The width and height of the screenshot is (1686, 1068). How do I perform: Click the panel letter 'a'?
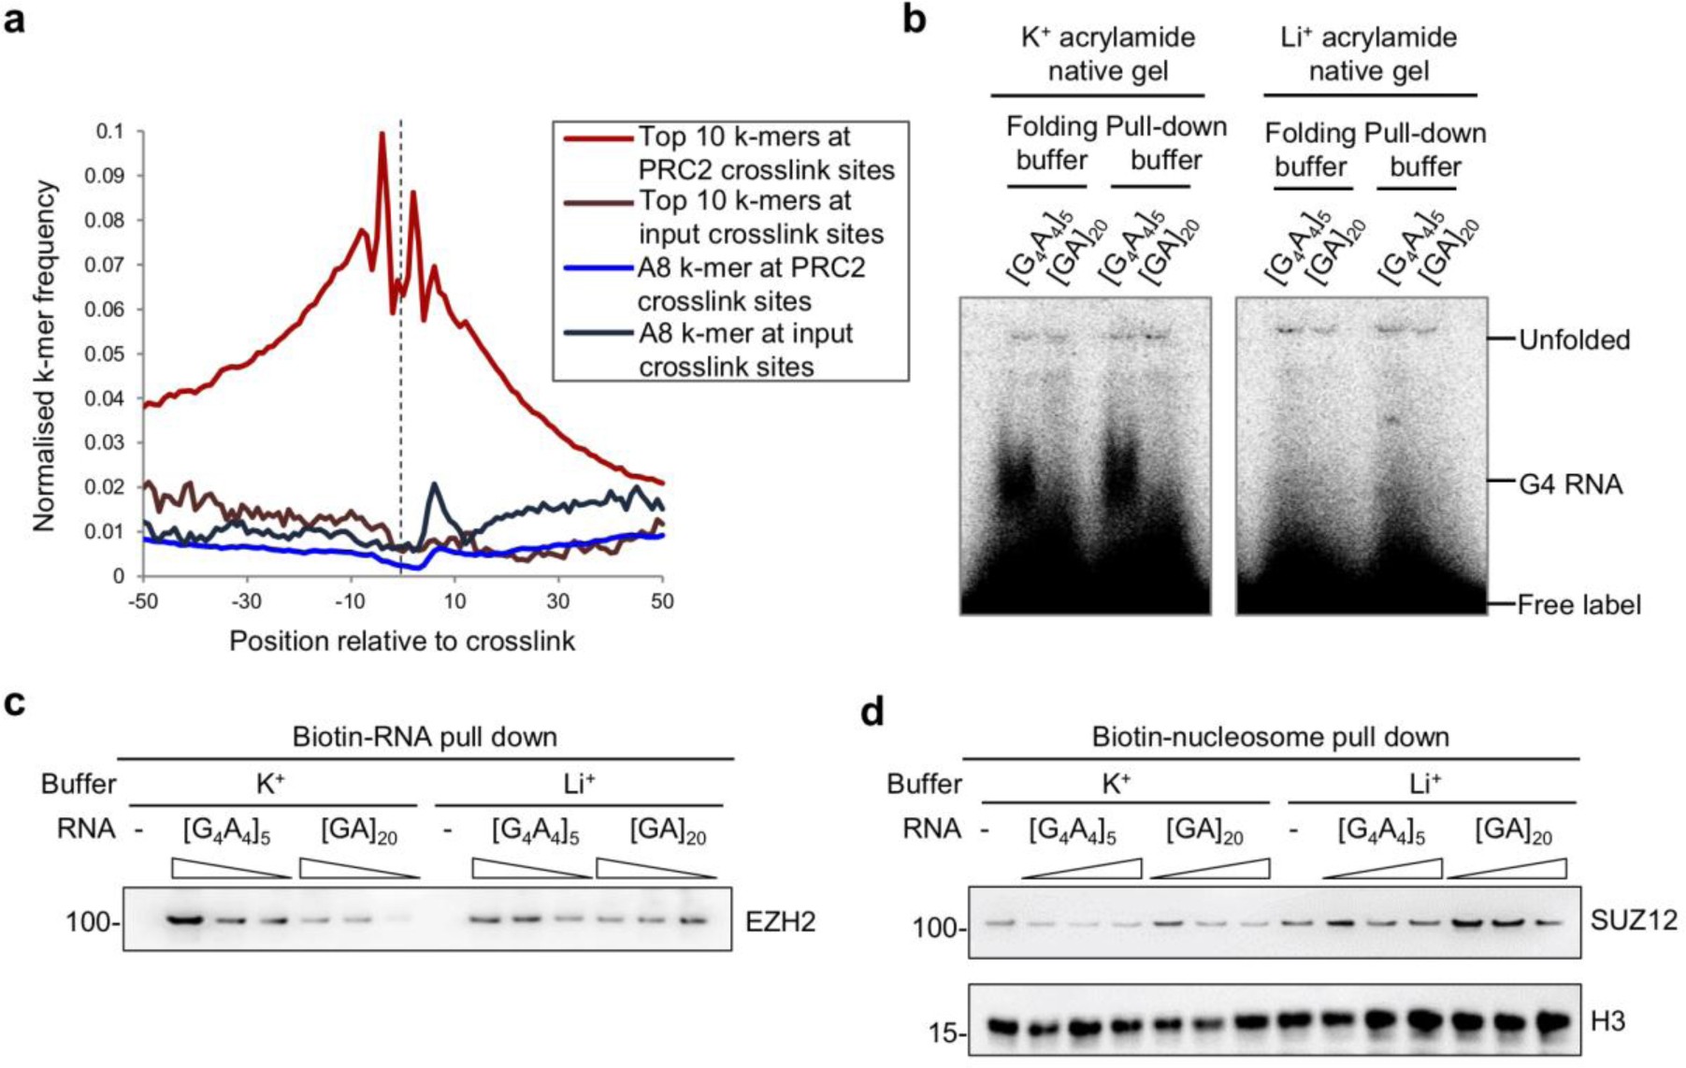tap(14, 19)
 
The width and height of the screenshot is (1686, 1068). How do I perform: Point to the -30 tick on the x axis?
tap(246, 601)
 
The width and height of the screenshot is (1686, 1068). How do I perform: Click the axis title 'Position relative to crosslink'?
tap(402, 642)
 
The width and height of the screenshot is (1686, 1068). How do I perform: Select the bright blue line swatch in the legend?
tap(597, 268)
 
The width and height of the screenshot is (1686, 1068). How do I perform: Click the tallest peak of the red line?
tap(382, 135)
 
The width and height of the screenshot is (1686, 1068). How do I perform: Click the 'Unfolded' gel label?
tap(1574, 339)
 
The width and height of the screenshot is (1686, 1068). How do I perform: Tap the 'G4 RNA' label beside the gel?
tap(1570, 484)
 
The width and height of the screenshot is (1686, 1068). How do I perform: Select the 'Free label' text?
tap(1578, 605)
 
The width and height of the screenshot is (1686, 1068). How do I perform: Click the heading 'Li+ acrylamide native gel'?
tap(1368, 53)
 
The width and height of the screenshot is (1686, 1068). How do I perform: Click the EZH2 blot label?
tap(780, 922)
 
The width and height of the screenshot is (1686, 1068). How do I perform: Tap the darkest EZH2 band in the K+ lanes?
tap(186, 919)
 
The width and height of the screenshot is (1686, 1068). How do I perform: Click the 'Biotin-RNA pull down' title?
tap(425, 737)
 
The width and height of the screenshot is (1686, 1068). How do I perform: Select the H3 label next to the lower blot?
tap(1607, 1022)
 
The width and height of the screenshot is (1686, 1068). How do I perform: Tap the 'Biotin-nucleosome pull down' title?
tap(1270, 737)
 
